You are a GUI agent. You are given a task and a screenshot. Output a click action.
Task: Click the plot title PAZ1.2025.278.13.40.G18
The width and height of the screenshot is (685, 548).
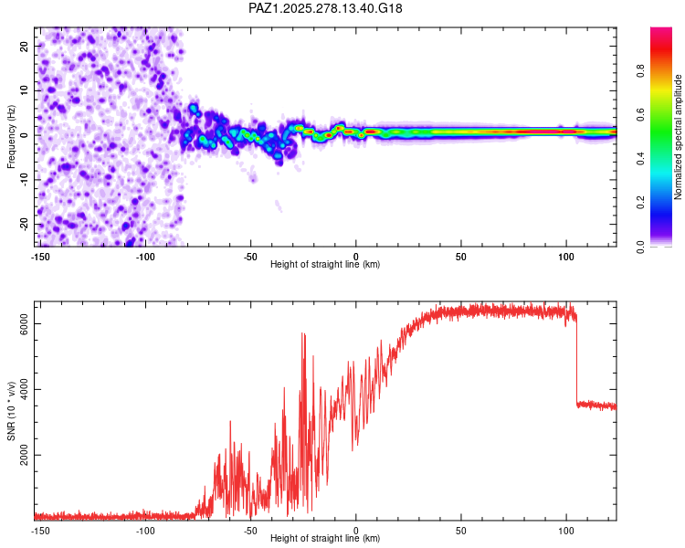coord(325,8)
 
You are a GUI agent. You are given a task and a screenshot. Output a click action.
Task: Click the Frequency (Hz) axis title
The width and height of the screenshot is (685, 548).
coord(11,136)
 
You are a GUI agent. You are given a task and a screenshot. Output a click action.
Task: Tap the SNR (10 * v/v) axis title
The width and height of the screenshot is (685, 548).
coord(11,412)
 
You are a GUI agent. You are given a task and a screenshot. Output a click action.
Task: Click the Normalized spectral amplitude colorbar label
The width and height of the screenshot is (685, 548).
coord(678,138)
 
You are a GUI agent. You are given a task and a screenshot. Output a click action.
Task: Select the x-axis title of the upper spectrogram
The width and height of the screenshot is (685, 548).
coord(325,264)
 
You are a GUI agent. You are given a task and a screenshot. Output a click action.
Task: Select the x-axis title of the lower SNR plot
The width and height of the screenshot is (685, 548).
coord(325,538)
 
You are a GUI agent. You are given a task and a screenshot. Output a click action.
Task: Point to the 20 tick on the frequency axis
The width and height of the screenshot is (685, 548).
coord(25,46)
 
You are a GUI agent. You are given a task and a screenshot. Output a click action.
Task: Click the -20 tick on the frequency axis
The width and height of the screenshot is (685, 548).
coord(23,224)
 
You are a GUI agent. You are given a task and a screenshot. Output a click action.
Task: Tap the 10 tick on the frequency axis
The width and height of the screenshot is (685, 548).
coord(25,90)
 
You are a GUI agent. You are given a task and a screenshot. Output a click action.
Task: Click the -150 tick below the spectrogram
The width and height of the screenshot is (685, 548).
coord(39,256)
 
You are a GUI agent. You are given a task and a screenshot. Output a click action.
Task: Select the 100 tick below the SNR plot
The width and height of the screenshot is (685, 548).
coord(566,530)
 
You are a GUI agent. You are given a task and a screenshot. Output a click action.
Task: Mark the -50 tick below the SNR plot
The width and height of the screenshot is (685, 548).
coord(250,530)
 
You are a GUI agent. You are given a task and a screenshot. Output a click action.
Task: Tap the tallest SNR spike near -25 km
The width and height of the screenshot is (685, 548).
coord(302,334)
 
